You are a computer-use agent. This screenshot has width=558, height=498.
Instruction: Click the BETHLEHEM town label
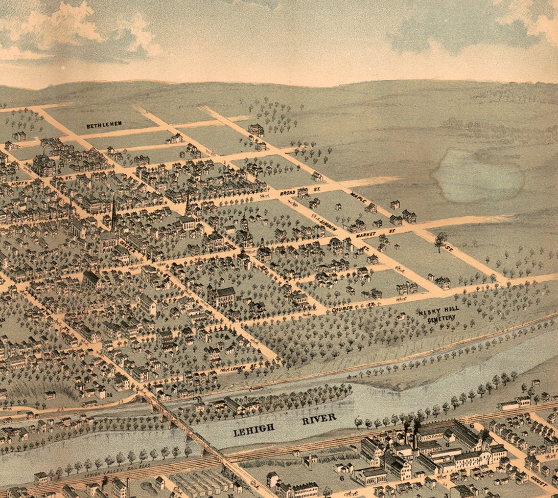[x=104, y=125]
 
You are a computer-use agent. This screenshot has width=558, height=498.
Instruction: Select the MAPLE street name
[x=358, y=198]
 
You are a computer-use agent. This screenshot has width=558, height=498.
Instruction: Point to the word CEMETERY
[x=441, y=319]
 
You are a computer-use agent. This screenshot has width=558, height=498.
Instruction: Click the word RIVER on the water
[x=319, y=418]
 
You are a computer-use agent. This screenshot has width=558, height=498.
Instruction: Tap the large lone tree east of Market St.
[x=440, y=240]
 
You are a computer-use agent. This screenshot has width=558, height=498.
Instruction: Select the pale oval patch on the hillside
[x=477, y=175]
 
